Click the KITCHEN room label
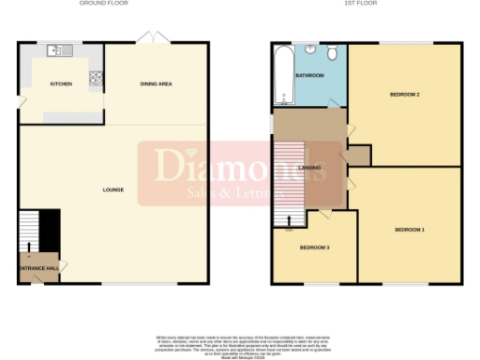click(x=61, y=83)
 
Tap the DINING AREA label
click(x=157, y=83)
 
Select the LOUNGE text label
click(x=112, y=190)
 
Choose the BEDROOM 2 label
click(x=405, y=95)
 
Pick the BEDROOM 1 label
click(x=410, y=230)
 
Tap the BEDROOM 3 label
click(x=314, y=247)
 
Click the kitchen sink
click(x=56, y=51)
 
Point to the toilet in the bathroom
click(x=335, y=52)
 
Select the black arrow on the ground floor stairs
click(x=28, y=247)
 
